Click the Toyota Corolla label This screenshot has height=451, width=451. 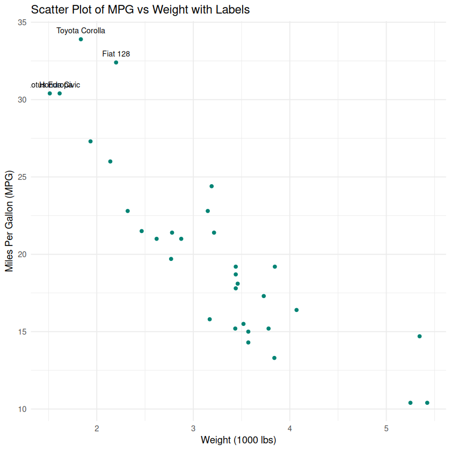[x=81, y=31]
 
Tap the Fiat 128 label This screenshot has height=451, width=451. [x=116, y=54]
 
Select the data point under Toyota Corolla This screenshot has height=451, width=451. [x=81, y=39]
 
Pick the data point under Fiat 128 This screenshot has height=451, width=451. [x=116, y=63]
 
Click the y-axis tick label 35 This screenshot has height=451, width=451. [x=21, y=23]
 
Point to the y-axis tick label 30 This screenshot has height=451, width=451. [x=21, y=100]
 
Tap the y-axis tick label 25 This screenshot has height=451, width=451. [x=21, y=177]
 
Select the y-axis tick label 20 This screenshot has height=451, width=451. [x=21, y=254]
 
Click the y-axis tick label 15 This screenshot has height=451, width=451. [x=21, y=332]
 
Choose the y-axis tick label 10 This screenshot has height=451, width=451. [x=21, y=409]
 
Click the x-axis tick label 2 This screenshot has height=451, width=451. [x=97, y=428]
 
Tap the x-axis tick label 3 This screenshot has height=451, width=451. [x=193, y=428]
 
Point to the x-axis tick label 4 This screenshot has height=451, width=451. [x=290, y=428]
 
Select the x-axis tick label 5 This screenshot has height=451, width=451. [x=386, y=428]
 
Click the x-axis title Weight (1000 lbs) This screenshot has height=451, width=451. [x=238, y=440]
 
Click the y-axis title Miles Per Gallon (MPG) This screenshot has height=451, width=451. [x=9, y=221]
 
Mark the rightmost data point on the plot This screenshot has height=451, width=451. [x=427, y=403]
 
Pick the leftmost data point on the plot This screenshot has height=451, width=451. [x=50, y=93]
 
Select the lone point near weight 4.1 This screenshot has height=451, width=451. [x=296, y=310]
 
